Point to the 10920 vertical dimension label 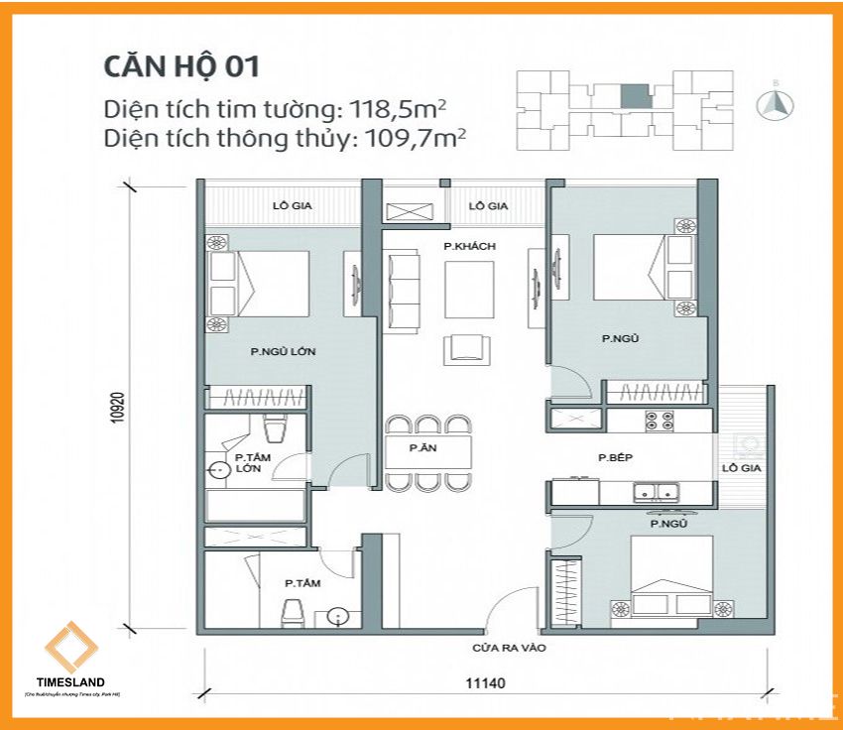[x=119, y=407]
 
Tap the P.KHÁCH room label [x=469, y=246]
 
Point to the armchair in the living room [x=468, y=346]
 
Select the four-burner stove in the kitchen [x=660, y=421]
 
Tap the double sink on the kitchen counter [x=655, y=489]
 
